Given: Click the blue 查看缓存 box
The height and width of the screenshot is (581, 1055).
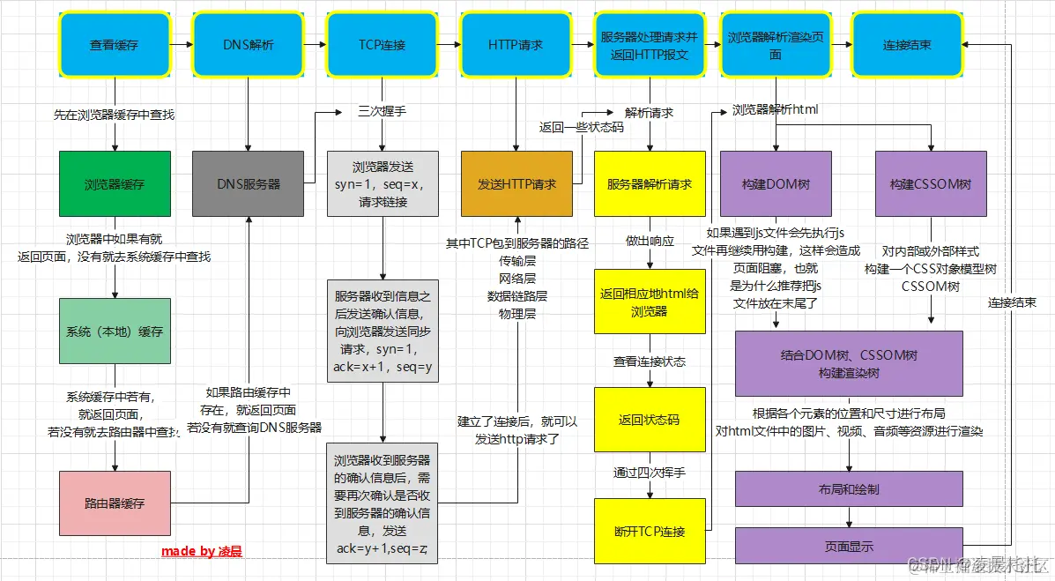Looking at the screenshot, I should (x=115, y=44).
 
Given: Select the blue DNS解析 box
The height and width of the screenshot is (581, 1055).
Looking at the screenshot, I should (x=248, y=44).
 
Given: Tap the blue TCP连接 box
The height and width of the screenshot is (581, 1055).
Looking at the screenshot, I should (x=382, y=44).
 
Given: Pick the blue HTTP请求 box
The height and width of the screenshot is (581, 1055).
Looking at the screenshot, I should (x=515, y=44).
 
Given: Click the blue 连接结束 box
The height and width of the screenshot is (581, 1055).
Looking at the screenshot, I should (x=907, y=44).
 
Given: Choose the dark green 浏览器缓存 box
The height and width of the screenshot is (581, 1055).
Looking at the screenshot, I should (x=115, y=184).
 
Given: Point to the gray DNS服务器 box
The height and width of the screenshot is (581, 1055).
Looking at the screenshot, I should (x=248, y=184).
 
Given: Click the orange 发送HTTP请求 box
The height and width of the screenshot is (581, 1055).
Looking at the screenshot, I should (x=516, y=184).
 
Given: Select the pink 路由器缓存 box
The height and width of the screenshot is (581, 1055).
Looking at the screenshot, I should (x=115, y=503).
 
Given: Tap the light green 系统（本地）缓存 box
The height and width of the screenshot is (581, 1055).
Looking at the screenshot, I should (x=115, y=331).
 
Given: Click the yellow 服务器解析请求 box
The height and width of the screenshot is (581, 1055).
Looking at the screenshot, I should (x=650, y=184).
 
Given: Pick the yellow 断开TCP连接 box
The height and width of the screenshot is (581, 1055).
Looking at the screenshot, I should (x=650, y=531).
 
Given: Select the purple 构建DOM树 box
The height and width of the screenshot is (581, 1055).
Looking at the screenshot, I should (x=776, y=184).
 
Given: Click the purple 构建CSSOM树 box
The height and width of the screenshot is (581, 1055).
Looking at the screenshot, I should (x=930, y=184).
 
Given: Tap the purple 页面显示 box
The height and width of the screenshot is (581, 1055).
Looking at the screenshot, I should (x=849, y=546).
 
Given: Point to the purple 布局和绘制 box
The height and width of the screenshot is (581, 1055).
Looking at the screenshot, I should (x=849, y=489).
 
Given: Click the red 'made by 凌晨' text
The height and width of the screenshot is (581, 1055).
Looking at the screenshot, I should (x=201, y=551).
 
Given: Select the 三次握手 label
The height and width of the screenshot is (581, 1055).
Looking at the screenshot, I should (x=382, y=113).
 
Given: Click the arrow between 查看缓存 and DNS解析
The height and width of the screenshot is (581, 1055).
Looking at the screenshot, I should (x=181, y=44).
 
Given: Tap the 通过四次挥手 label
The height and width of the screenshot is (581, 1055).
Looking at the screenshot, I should (x=650, y=473).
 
